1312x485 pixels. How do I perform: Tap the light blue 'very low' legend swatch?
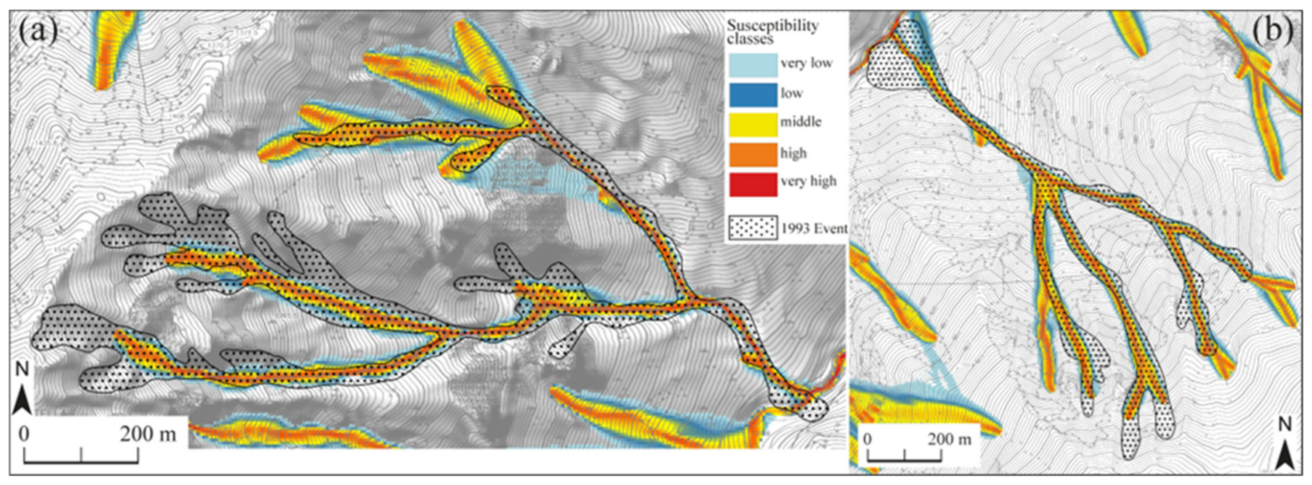pyautogui.click(x=753, y=65)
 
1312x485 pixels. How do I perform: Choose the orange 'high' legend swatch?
pyautogui.click(x=753, y=154)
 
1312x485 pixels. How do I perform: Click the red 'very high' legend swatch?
pyautogui.click(x=753, y=184)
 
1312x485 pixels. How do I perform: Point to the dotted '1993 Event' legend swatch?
pyautogui.click(x=753, y=228)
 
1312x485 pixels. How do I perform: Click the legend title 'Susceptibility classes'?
pyautogui.click(x=772, y=32)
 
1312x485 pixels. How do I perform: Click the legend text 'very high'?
pyautogui.click(x=808, y=182)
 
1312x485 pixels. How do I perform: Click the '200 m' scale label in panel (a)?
pyautogui.click(x=148, y=434)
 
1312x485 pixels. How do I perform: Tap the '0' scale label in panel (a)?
pyautogui.click(x=24, y=434)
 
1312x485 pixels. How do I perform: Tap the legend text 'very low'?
pyautogui.click(x=806, y=63)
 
